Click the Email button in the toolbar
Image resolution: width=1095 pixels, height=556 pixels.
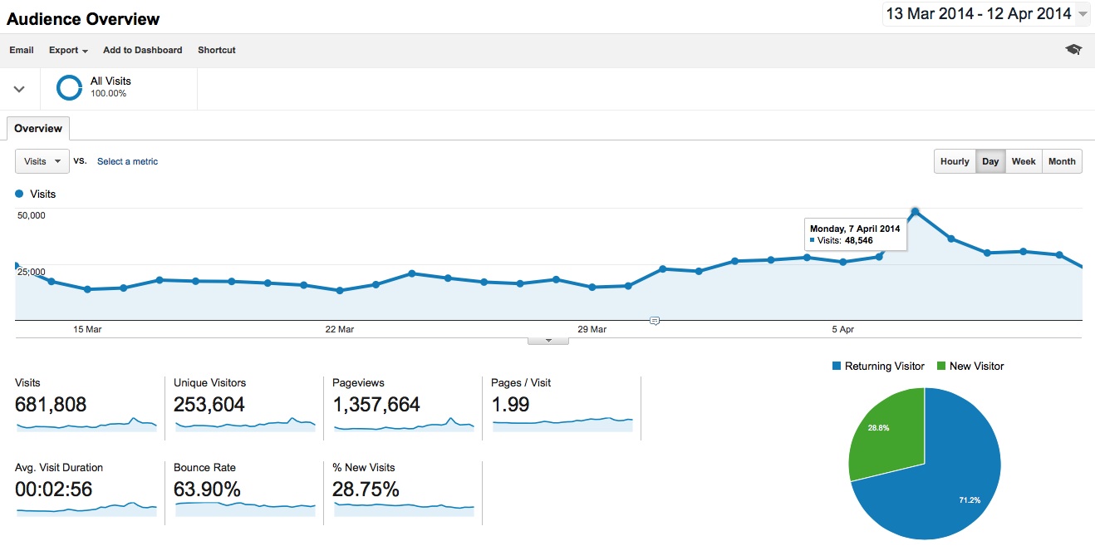(x=22, y=50)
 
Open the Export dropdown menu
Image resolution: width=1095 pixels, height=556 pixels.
(x=68, y=50)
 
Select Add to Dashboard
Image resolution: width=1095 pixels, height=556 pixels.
(x=142, y=50)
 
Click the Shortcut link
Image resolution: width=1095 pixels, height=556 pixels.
(x=216, y=50)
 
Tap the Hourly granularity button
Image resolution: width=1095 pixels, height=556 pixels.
(x=955, y=161)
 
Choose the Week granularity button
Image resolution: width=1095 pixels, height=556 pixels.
(x=1023, y=161)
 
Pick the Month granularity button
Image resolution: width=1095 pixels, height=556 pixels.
(x=1061, y=161)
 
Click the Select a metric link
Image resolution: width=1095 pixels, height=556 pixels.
(x=127, y=161)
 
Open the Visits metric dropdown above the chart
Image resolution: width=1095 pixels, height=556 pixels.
(x=42, y=161)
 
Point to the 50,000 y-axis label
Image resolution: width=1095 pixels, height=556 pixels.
(x=32, y=215)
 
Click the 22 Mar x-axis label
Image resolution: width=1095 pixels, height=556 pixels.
(x=339, y=330)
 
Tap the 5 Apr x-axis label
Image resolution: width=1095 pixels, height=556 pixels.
(x=842, y=330)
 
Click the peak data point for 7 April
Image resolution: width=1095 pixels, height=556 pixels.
(x=915, y=212)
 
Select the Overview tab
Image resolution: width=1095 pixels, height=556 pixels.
(x=38, y=129)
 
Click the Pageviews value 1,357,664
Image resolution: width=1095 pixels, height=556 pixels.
(x=376, y=405)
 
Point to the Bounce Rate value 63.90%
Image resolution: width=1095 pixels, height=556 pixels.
(x=207, y=490)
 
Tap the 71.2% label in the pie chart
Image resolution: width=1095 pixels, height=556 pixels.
(x=969, y=500)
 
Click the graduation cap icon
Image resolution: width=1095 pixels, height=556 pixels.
(x=1073, y=50)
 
